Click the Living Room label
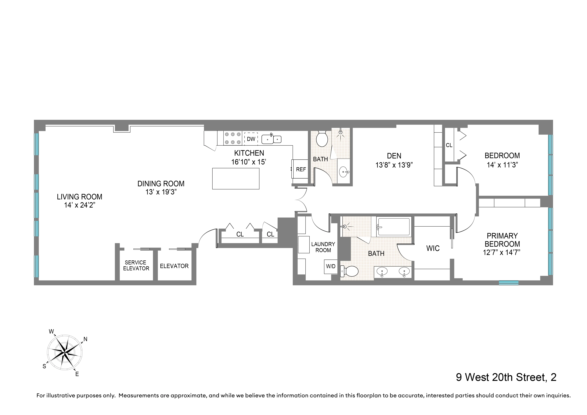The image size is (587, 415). click(x=80, y=197)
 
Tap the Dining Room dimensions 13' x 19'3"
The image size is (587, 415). click(x=161, y=192)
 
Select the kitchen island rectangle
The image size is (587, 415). click(x=236, y=179)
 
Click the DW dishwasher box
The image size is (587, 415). click(x=251, y=139)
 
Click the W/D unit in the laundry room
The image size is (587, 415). click(x=331, y=266)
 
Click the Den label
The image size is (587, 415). click(x=394, y=156)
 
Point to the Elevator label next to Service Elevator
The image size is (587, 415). click(x=174, y=266)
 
